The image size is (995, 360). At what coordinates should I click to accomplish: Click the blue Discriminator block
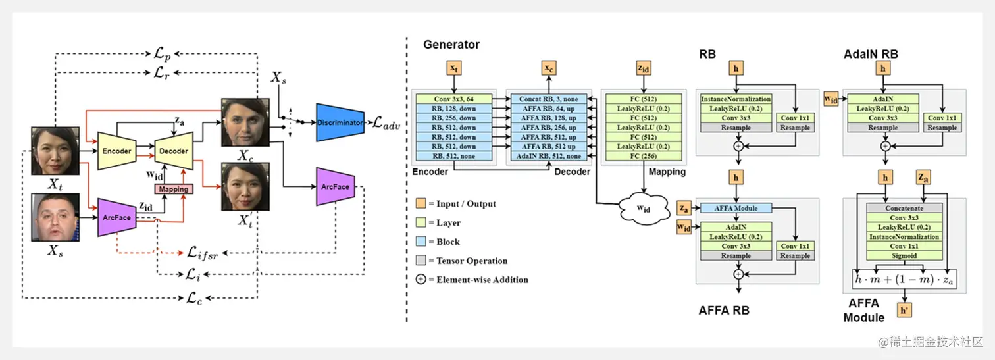point(340,122)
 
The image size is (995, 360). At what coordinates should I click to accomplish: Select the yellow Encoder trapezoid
point(116,151)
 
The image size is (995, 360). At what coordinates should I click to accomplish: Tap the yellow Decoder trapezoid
point(174,151)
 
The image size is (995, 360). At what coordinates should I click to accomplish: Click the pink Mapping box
point(174,189)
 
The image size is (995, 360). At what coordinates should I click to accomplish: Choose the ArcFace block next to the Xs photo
point(116,217)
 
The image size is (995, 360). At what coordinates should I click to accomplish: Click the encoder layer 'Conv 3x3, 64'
point(453,99)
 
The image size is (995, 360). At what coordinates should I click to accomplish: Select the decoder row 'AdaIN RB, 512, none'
point(548,156)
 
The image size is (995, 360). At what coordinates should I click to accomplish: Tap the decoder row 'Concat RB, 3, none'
point(548,99)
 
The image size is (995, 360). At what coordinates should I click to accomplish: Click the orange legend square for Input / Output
point(421,204)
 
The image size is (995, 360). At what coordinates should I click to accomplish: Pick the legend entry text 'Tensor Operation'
point(472,261)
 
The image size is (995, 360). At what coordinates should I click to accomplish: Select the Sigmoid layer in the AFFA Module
point(904,255)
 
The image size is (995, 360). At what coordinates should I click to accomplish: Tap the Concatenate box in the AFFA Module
point(904,208)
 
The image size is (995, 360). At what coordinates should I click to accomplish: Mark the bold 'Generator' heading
point(451,45)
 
